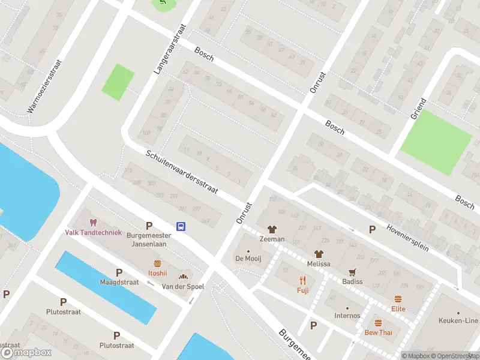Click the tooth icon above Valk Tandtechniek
[93, 223]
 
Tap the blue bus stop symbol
[181, 226]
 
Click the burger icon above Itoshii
[158, 263]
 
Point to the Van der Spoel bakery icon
[184, 277]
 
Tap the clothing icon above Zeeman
[272, 229]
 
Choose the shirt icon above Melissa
[319, 254]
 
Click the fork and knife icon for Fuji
[302, 280]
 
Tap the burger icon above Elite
[398, 299]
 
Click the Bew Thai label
[379, 332]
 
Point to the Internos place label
[347, 316]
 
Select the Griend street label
[418, 109]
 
